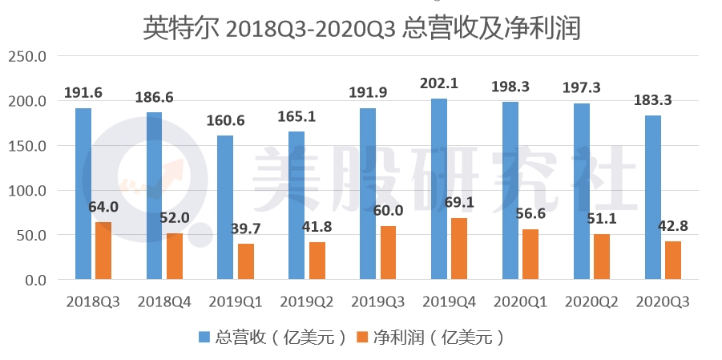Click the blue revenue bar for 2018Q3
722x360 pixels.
pos(83,194)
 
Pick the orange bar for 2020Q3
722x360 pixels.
pos(672,261)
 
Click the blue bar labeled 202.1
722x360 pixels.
pos(439,189)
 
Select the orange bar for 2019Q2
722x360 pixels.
pos(317,261)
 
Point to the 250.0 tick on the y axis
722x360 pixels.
pos(29,57)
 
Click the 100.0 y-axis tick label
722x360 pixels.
pos(29,191)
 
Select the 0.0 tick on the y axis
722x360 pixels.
pos(35,281)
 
